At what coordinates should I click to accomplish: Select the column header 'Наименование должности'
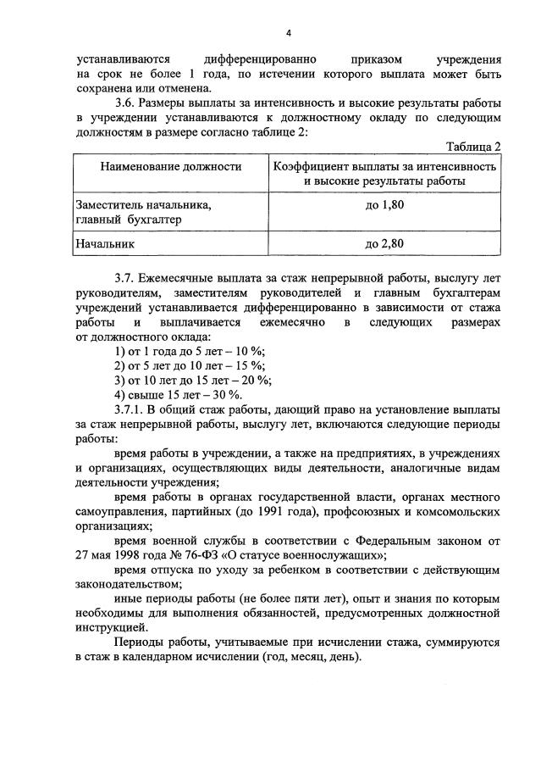[171, 167]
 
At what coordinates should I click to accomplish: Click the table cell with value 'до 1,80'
[385, 205]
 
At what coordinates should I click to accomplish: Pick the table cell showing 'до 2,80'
[385, 243]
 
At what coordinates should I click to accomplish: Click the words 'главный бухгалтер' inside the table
[128, 220]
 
